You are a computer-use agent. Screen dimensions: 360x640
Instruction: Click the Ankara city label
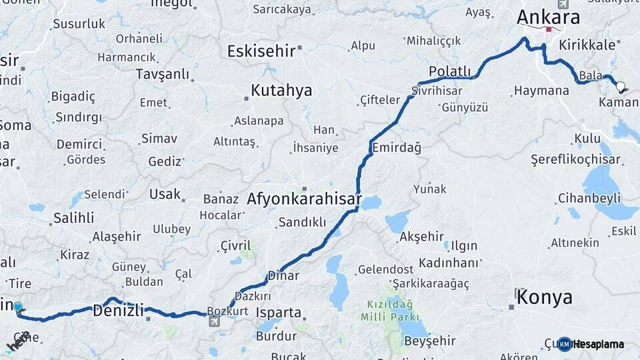tap(549, 17)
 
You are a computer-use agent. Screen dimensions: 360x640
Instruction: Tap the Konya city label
tap(544, 297)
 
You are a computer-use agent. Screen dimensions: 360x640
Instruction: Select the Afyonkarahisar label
tap(304, 199)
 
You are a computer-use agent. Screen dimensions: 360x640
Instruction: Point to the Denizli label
tap(118, 310)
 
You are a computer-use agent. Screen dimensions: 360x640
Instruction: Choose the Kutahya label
tap(281, 91)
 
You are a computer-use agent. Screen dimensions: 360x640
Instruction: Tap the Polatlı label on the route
tap(449, 72)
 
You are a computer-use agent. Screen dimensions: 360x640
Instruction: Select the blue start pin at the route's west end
tap(18, 307)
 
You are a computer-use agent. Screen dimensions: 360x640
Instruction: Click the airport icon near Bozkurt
tap(214, 322)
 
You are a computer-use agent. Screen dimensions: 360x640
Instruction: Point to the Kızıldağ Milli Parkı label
tap(389, 310)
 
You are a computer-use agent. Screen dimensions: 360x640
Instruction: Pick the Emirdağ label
tap(397, 148)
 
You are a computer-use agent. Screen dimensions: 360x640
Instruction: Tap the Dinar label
tap(283, 275)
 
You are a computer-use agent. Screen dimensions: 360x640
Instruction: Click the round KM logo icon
tap(565, 344)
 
